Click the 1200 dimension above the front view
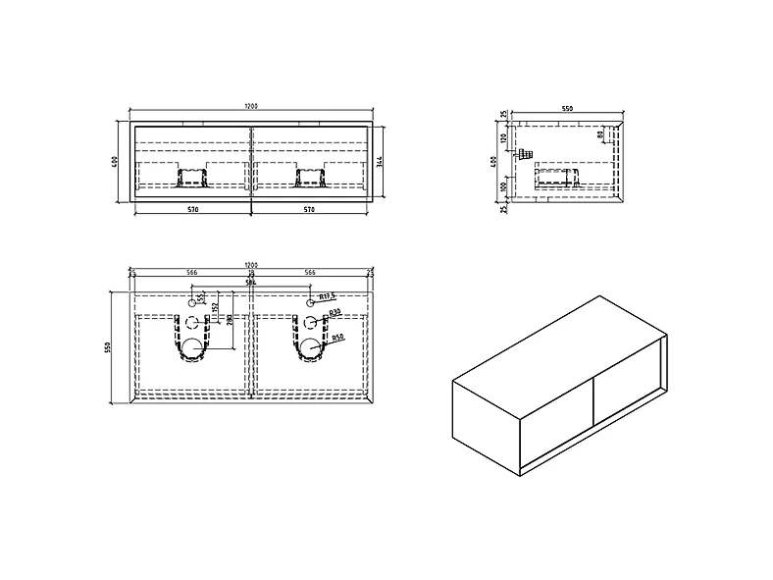point(251,106)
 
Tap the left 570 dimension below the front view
point(192,209)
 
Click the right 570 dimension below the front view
point(311,209)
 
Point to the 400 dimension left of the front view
point(116,162)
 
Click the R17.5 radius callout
point(328,295)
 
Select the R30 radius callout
point(334,312)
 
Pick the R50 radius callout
point(336,339)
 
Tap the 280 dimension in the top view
point(230,319)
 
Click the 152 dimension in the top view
point(213,313)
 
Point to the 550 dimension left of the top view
point(111,346)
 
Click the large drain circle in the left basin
point(194,347)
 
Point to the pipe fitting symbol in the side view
point(527,154)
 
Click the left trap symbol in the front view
point(192,178)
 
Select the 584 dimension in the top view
point(251,282)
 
